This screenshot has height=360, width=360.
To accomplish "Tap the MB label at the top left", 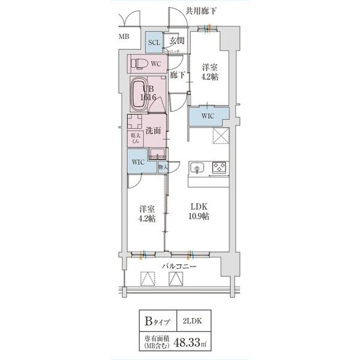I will [124, 37].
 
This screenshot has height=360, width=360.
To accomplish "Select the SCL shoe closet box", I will [154, 42].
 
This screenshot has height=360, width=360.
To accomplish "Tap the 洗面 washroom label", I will [152, 130].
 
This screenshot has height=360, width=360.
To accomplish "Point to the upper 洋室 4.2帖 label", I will [211, 73].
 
